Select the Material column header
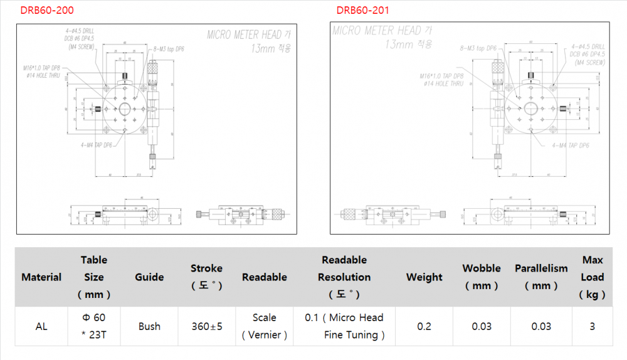click(41, 277)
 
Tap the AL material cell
click(41, 326)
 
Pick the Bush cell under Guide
click(149, 326)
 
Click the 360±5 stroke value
click(206, 326)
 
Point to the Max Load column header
click(593, 277)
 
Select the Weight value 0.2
click(424, 326)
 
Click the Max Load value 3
click(593, 326)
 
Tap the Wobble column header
click(482, 277)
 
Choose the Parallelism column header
click(541, 277)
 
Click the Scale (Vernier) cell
click(265, 326)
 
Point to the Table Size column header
click(94, 277)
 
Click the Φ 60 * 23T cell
click(94, 326)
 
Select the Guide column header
click(149, 277)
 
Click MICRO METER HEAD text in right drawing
click(377, 30)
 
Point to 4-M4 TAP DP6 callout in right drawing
click(571, 145)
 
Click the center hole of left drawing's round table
click(125, 109)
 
